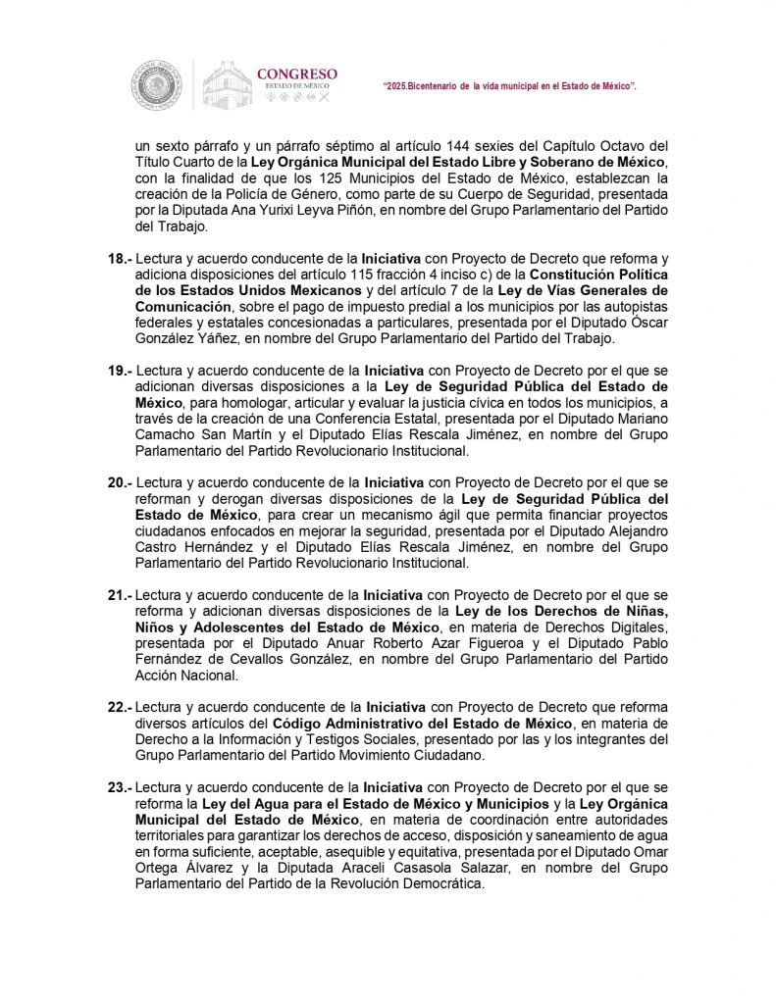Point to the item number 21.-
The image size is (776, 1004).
(x=119, y=594)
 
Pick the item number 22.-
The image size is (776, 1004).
(x=119, y=706)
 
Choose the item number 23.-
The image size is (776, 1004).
(x=119, y=786)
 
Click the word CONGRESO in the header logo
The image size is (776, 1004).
(x=296, y=74)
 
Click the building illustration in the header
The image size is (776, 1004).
(x=227, y=84)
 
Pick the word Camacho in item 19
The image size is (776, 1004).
(x=163, y=435)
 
